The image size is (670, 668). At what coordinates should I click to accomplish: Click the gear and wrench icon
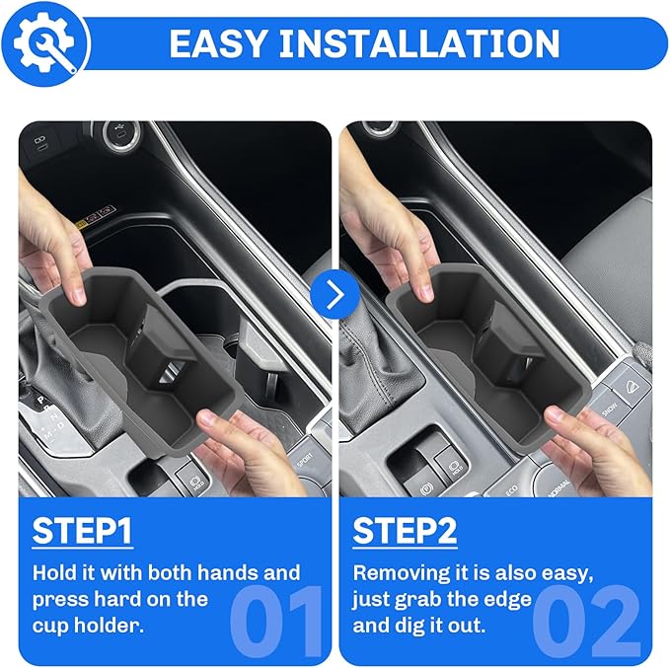click(x=44, y=43)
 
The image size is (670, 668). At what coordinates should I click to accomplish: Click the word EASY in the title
click(x=213, y=44)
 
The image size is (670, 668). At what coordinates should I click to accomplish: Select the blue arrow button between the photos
click(x=335, y=294)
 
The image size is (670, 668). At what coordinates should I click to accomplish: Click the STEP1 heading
click(x=83, y=531)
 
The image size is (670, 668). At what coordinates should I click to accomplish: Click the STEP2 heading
click(x=405, y=531)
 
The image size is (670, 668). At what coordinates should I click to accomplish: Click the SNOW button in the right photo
click(x=611, y=406)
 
